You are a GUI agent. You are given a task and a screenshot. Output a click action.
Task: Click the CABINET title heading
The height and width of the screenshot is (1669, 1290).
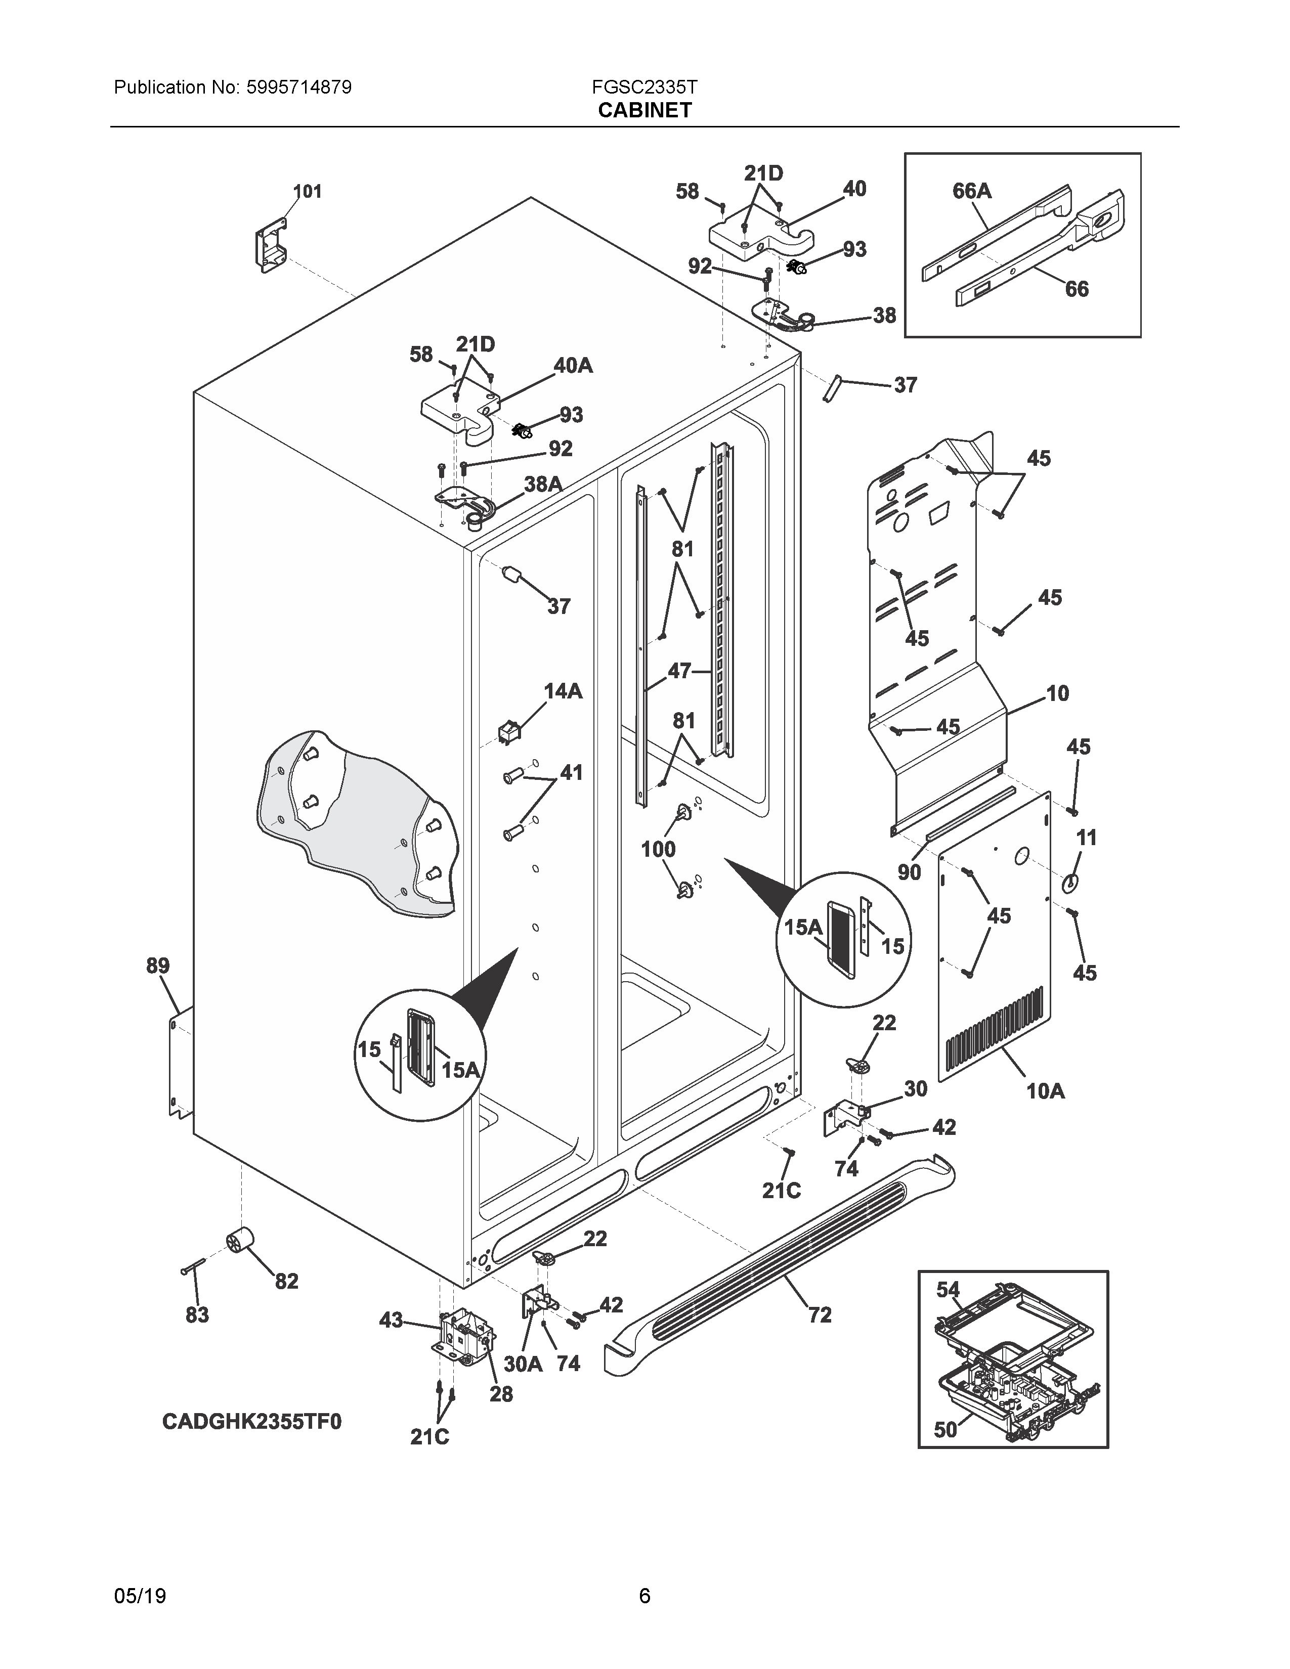click(644, 110)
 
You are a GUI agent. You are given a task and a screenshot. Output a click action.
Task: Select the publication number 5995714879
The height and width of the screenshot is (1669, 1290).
click(299, 87)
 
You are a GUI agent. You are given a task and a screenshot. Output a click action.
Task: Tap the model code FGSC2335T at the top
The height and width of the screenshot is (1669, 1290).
click(644, 87)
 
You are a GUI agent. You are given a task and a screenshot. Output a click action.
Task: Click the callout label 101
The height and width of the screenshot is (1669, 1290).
click(307, 191)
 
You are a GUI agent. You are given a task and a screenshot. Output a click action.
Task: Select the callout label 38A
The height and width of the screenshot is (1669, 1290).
click(543, 483)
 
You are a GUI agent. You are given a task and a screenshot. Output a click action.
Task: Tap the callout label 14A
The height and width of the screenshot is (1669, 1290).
click(563, 691)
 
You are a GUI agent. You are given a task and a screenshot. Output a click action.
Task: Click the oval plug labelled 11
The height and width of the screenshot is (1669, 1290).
click(1070, 883)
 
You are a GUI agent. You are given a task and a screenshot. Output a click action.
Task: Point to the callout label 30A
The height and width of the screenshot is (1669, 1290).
click(524, 1364)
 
